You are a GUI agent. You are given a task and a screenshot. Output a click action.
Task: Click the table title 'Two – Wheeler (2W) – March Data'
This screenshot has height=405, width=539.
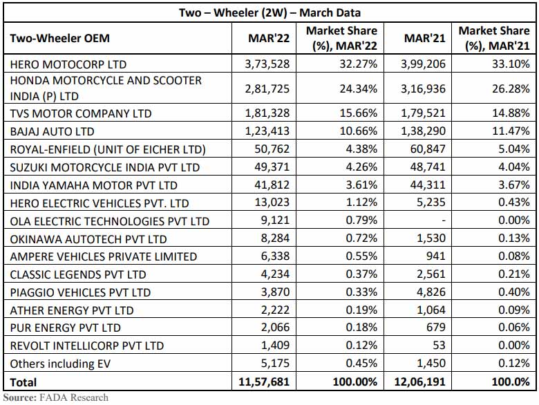tap(269, 13)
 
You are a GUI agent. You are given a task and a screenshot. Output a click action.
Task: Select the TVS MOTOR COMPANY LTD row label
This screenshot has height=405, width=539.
tap(80, 113)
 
